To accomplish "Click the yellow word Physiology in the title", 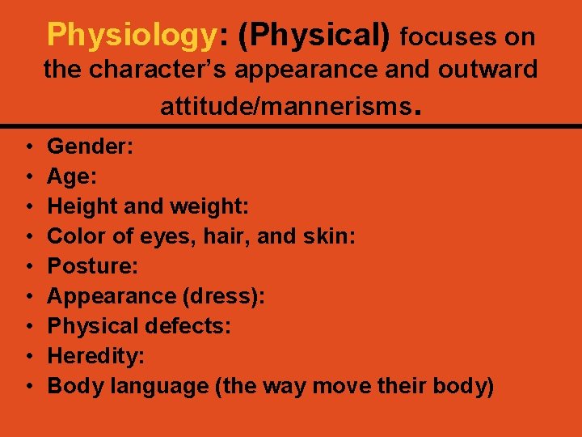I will tap(132, 35).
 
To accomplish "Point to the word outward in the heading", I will tap(490, 70).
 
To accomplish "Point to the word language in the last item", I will tap(150, 387).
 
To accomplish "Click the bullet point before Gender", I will tap(28, 147).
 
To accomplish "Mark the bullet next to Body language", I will tap(28, 387).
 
